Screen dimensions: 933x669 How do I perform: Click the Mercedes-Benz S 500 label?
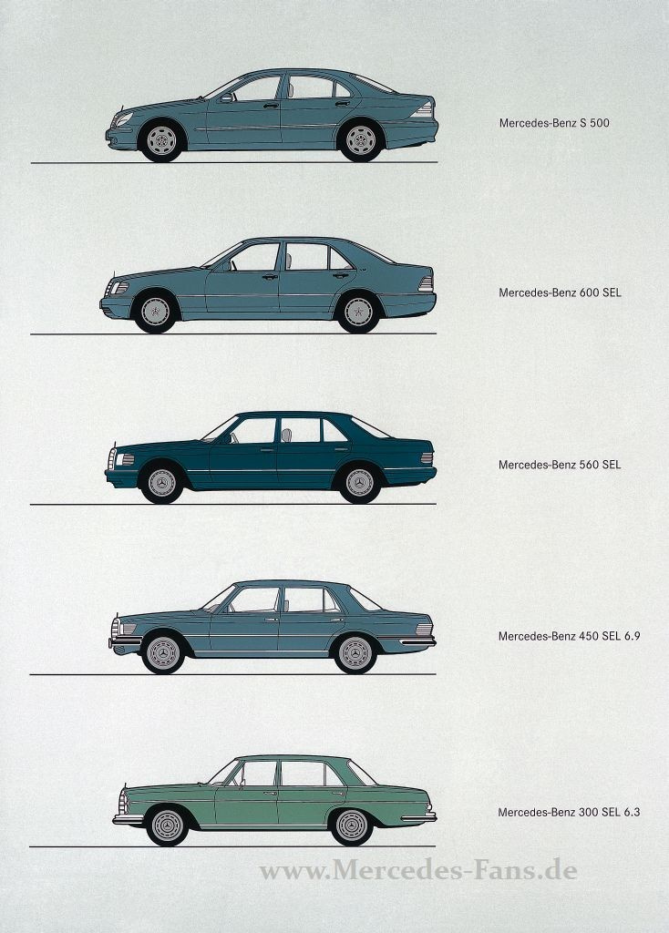pos(554,122)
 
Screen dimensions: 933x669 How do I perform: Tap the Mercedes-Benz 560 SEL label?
pos(560,464)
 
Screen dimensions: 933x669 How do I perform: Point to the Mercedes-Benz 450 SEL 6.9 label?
pos(569,635)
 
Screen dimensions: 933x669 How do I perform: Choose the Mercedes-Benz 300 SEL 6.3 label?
pos(569,811)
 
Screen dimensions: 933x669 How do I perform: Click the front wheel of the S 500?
pos(161,140)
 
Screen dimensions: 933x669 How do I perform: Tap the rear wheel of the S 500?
pos(359,140)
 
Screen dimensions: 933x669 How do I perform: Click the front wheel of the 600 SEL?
pos(155,312)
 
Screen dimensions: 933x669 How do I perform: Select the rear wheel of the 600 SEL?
pos(358,312)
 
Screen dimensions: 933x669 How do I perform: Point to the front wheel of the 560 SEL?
pos(161,482)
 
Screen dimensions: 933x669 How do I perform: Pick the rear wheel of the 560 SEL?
pos(360,482)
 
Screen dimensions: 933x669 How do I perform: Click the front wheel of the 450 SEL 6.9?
pos(163,652)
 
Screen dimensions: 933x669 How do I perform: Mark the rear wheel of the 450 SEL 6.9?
pos(355,652)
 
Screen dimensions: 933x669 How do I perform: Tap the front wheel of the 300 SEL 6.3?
pos(167,825)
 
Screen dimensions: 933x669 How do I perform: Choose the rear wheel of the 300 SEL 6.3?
pos(352,825)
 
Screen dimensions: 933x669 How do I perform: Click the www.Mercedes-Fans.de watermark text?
pos(418,871)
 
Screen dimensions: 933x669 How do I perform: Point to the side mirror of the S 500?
pos(225,97)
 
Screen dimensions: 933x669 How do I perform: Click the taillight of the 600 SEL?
pos(426,283)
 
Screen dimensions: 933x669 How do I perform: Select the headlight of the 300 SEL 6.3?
pos(123,802)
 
